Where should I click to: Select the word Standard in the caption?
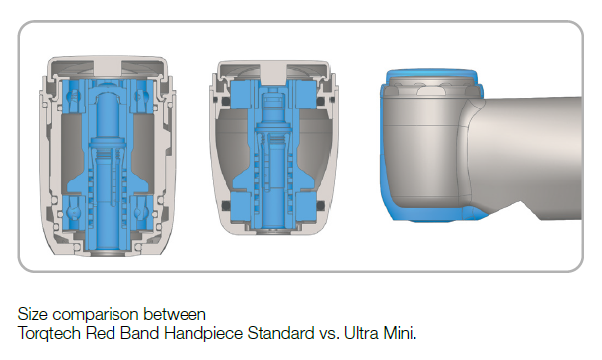(280, 333)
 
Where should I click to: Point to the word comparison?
(96, 315)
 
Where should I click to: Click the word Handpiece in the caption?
(203, 333)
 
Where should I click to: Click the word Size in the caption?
(33, 314)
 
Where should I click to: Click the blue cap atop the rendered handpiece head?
(432, 74)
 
